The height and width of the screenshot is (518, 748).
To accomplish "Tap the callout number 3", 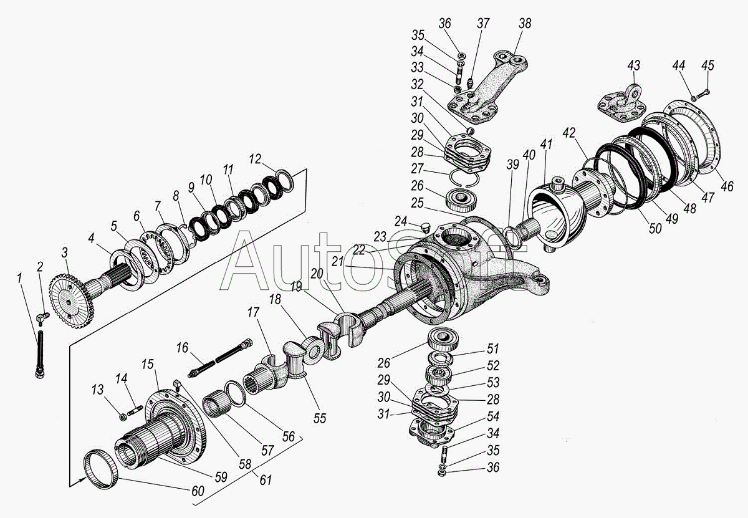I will click(x=64, y=252).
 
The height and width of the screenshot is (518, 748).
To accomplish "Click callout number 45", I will click(x=708, y=65).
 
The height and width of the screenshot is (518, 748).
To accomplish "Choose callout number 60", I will click(x=198, y=491).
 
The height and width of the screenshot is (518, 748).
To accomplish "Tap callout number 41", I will click(x=546, y=145).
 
